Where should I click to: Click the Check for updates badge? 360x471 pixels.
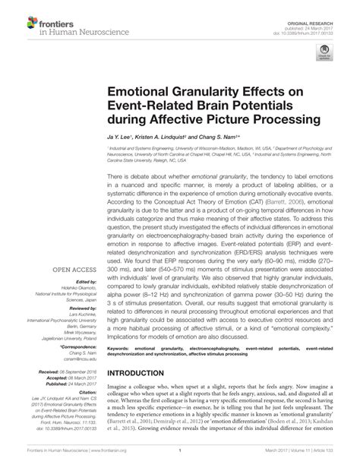(x=324, y=50)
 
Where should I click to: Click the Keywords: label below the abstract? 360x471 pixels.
(x=120, y=371)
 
